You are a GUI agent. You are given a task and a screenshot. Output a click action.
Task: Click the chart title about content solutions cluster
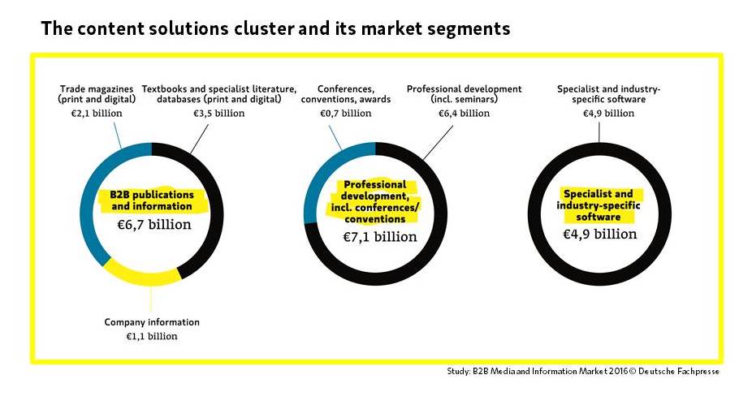275,28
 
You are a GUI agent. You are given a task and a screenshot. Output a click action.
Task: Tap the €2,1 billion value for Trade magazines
97,113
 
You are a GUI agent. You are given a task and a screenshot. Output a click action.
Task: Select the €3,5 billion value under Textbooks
218,113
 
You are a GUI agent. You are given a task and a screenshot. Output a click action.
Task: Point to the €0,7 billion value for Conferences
346,113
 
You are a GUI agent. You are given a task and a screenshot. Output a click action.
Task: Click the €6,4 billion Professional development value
465,113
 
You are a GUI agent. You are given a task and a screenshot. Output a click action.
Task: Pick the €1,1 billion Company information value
152,336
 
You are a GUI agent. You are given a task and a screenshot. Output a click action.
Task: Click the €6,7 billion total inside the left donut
154,225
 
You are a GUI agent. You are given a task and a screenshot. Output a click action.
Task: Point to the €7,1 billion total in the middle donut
380,237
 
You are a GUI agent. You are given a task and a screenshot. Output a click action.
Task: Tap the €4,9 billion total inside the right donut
599,235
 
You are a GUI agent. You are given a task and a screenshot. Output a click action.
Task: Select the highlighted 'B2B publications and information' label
152,200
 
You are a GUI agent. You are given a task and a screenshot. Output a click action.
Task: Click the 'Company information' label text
152,322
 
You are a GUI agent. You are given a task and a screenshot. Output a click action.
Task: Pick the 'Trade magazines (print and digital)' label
97,94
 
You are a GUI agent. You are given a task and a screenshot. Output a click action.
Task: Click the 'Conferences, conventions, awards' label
346,94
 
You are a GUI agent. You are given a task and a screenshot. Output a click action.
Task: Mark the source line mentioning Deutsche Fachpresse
583,371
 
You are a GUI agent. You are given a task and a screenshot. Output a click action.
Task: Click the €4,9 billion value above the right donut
608,113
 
